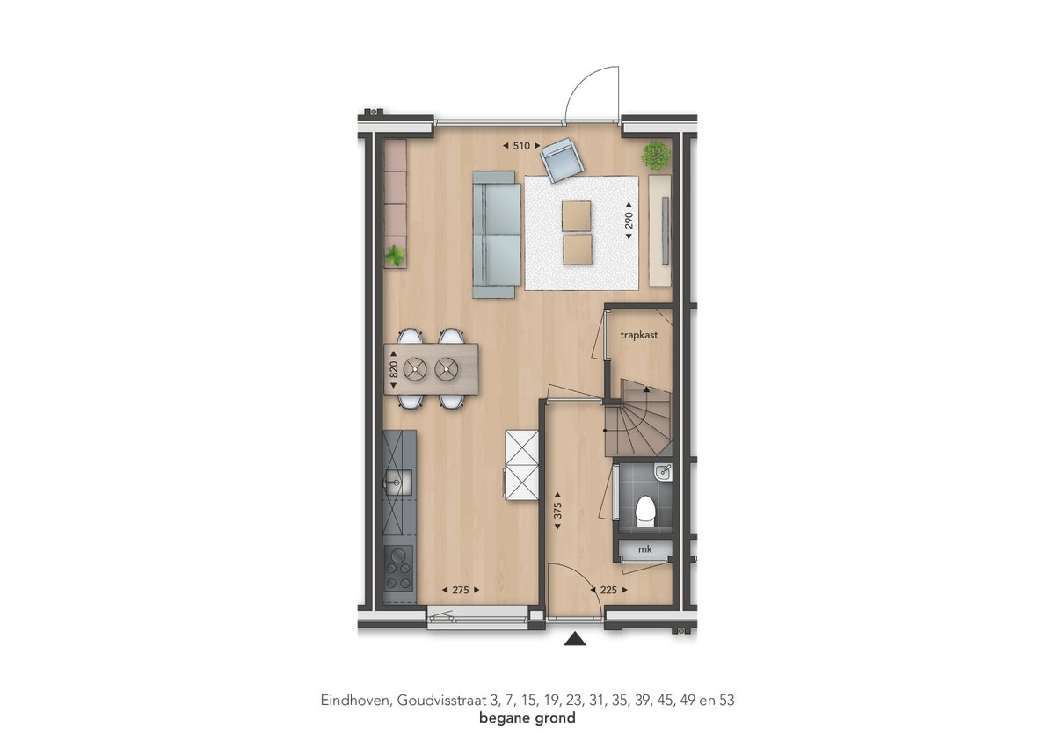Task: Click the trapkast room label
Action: click(x=639, y=335)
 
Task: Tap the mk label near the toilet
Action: click(x=644, y=549)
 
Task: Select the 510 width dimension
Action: click(x=521, y=146)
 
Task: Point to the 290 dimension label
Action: click(x=629, y=221)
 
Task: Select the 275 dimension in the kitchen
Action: click(x=461, y=591)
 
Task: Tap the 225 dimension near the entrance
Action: click(x=608, y=591)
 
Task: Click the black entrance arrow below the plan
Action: click(x=575, y=639)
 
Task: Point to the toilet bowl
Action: click(x=645, y=509)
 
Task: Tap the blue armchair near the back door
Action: click(x=562, y=160)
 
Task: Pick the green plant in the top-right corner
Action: click(x=655, y=156)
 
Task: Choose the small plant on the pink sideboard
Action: click(x=395, y=256)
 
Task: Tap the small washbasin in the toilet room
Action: click(x=664, y=473)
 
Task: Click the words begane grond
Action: click(x=527, y=718)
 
